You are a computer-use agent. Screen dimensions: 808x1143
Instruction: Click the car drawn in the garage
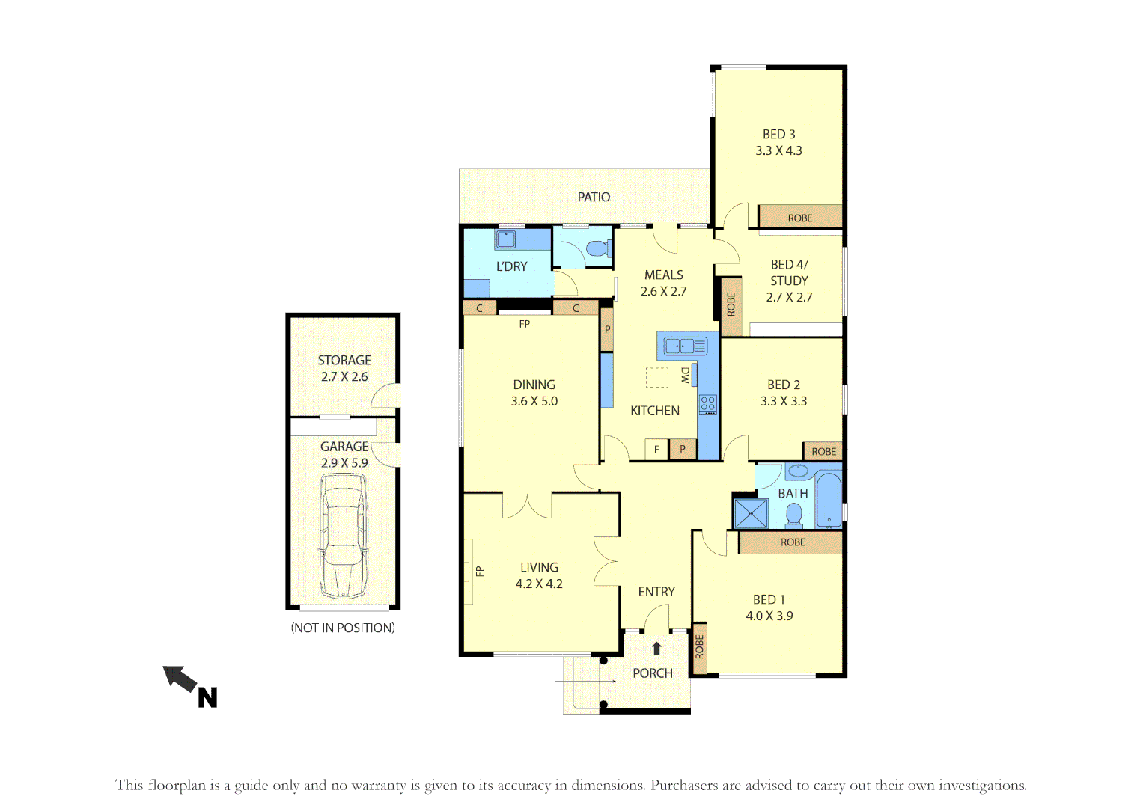pyautogui.click(x=344, y=536)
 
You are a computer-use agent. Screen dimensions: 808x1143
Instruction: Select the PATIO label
pyautogui.click(x=594, y=197)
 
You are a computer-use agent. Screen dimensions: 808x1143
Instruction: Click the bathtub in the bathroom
pyautogui.click(x=828, y=499)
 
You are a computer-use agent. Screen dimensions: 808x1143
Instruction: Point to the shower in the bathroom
pyautogui.click(x=751, y=513)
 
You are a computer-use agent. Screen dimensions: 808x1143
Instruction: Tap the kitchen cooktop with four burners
pyautogui.click(x=707, y=405)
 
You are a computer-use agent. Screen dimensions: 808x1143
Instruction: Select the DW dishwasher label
pyautogui.click(x=686, y=376)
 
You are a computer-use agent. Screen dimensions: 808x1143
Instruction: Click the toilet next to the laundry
pyautogui.click(x=597, y=248)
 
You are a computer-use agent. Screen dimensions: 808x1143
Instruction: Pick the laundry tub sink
pyautogui.click(x=505, y=239)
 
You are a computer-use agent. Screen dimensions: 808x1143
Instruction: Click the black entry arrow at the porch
pyautogui.click(x=656, y=648)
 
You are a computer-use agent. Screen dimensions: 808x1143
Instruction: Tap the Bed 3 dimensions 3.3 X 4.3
pyautogui.click(x=778, y=150)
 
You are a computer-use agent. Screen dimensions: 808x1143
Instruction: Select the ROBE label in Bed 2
pyautogui.click(x=823, y=451)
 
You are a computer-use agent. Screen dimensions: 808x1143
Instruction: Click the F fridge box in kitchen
pyautogui.click(x=656, y=449)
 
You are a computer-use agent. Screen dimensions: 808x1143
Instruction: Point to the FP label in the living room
pyautogui.click(x=480, y=572)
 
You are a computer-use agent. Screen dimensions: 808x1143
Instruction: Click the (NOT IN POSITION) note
pyautogui.click(x=343, y=628)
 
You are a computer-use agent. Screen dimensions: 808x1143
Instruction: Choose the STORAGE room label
pyautogui.click(x=344, y=360)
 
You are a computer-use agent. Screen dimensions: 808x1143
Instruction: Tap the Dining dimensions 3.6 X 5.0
pyautogui.click(x=534, y=401)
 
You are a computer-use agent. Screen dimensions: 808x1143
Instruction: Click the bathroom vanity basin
pyautogui.click(x=798, y=471)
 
